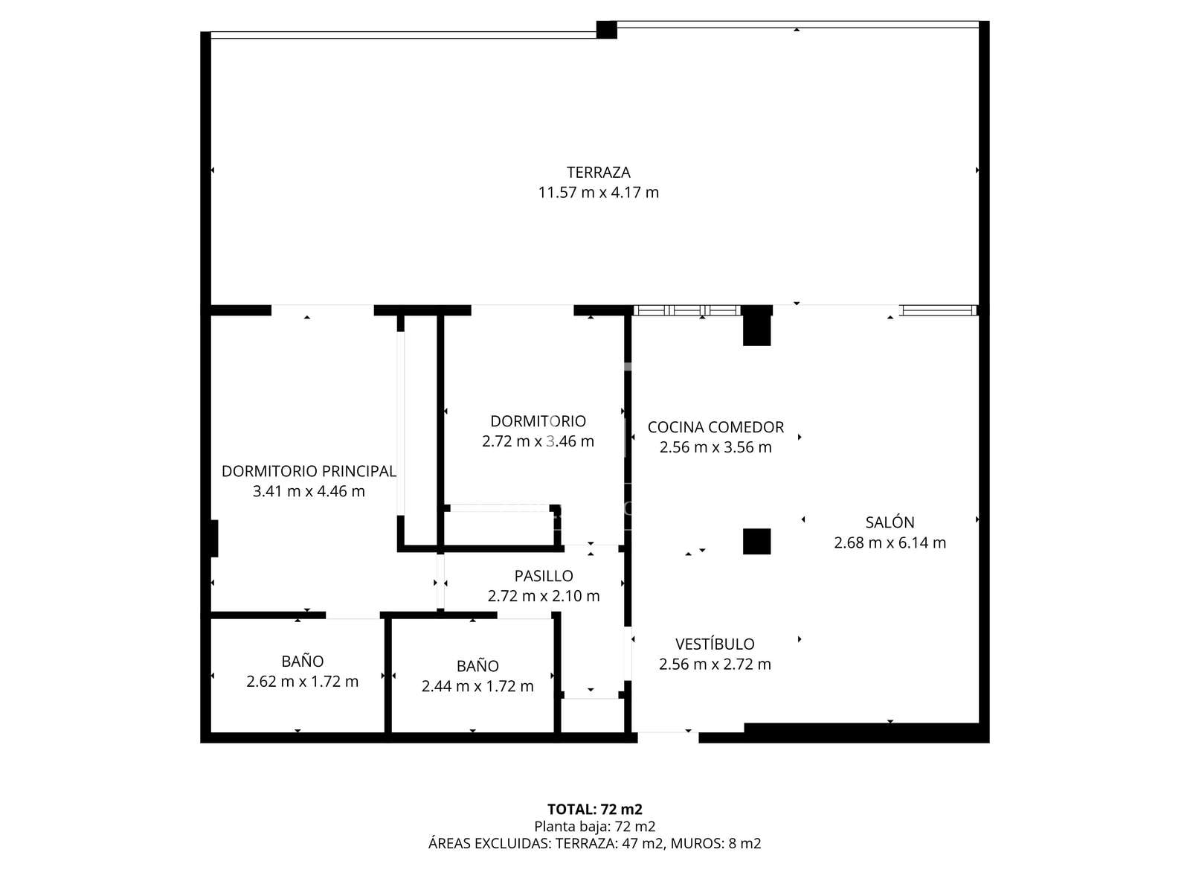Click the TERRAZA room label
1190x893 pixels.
tap(598, 173)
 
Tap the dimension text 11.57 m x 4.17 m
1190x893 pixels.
tap(598, 193)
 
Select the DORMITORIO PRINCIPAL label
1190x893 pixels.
tap(309, 471)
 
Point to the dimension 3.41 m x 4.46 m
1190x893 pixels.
tap(309, 491)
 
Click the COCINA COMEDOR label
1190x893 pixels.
tap(715, 427)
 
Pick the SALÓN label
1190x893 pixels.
tap(890, 522)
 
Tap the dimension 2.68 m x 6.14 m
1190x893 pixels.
tap(890, 542)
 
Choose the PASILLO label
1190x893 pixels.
tap(544, 576)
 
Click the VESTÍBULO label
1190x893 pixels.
tap(715, 644)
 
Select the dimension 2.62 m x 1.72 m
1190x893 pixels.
tap(303, 682)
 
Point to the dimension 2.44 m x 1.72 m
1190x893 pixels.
tap(477, 686)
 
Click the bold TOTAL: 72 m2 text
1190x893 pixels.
tap(595, 810)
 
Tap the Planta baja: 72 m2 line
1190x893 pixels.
tap(595, 827)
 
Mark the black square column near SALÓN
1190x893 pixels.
tap(756, 541)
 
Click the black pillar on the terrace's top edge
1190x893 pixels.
tap(607, 30)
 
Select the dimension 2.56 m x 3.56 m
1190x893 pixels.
tap(715, 447)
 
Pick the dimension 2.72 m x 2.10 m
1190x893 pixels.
tap(544, 596)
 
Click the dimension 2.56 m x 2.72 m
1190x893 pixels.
tap(715, 665)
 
